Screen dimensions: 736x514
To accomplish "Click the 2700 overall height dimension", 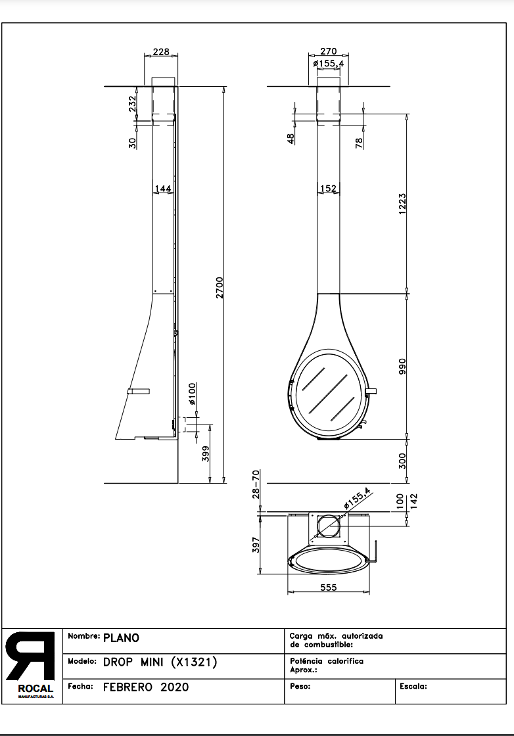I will pyautogui.click(x=220, y=287).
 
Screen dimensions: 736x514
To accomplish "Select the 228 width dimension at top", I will pyautogui.click(x=161, y=52).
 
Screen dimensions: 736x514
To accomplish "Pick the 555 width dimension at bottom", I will pyautogui.click(x=328, y=587).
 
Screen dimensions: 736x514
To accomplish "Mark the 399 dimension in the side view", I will pyautogui.click(x=206, y=453).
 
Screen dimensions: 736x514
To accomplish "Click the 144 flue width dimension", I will pyautogui.click(x=162, y=189).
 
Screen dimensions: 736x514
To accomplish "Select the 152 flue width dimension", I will pyautogui.click(x=328, y=189).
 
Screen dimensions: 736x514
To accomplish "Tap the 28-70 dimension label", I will pyautogui.click(x=256, y=484).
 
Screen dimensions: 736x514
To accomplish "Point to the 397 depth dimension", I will pyautogui.click(x=256, y=545).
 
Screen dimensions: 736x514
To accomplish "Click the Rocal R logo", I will pyautogui.click(x=30, y=657).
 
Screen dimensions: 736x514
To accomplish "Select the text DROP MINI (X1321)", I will pyautogui.click(x=160, y=662).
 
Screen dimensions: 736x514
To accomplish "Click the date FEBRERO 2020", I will pyautogui.click(x=146, y=687).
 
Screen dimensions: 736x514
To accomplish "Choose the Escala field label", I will pyautogui.click(x=413, y=686).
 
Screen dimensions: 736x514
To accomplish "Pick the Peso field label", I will pyautogui.click(x=300, y=686).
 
